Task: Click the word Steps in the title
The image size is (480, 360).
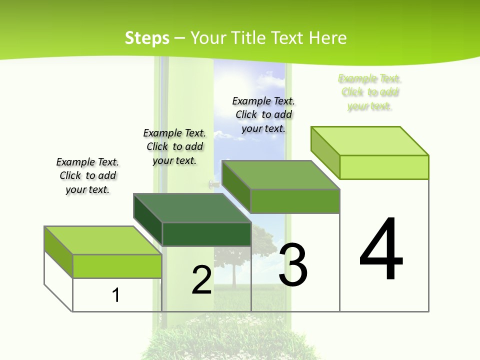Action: point(146,38)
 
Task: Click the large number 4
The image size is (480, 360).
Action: point(381,249)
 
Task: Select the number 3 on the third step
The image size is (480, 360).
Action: point(293,265)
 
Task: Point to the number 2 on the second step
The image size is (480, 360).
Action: point(202,280)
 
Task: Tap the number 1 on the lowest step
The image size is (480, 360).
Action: point(116,295)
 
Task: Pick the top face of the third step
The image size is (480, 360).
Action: point(280,175)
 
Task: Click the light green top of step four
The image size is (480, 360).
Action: point(369,141)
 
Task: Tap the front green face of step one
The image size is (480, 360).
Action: point(117,266)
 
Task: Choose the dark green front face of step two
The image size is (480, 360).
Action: point(206,234)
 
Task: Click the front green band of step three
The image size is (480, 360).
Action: point(295,201)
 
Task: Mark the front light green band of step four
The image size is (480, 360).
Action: point(384,167)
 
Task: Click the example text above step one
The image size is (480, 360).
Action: point(87,176)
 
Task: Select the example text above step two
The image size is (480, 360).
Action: point(174,147)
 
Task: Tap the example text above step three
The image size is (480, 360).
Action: point(263,114)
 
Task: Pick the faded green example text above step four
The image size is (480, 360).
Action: point(370,92)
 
